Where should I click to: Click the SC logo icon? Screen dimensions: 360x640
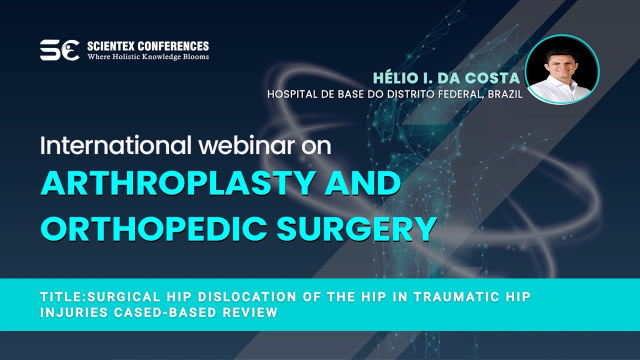(59, 50)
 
